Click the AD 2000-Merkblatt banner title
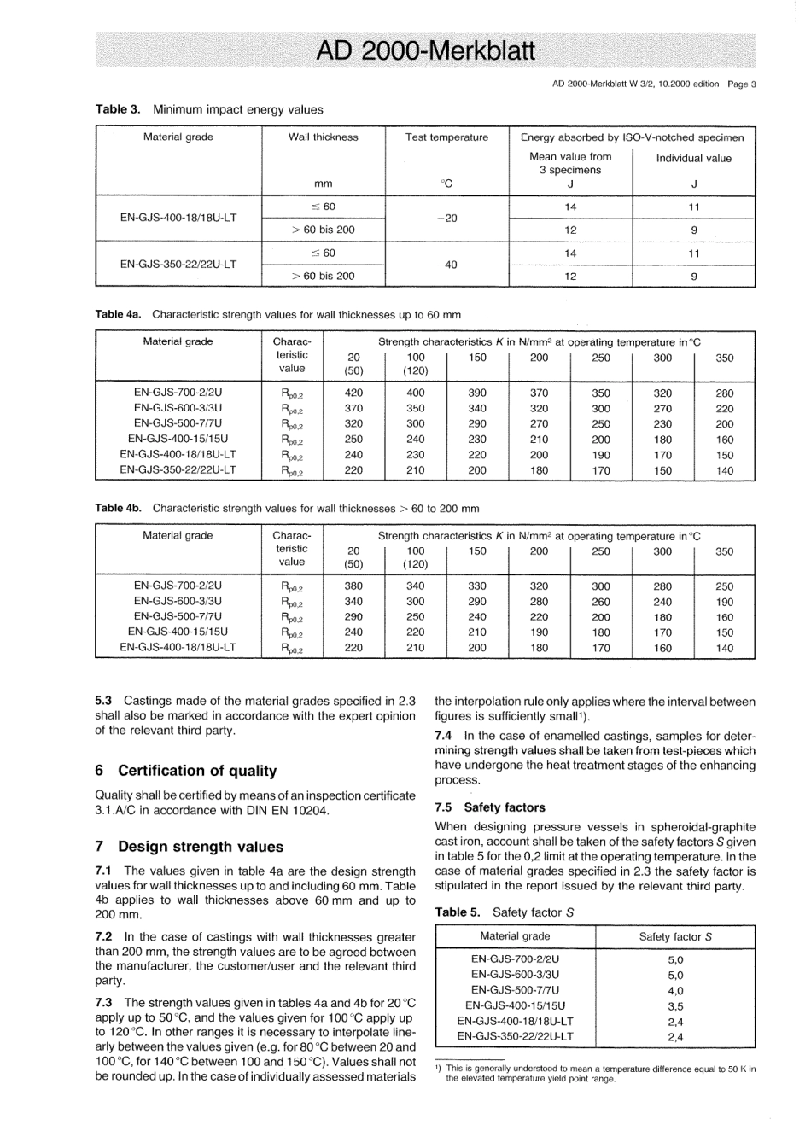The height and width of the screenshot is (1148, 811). coord(424,50)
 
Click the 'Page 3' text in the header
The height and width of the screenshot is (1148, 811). coord(741,84)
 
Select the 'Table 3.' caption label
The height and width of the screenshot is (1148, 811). coord(118,109)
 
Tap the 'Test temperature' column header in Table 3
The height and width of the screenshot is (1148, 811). coord(446,137)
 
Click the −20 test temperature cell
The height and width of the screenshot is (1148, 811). coord(446,219)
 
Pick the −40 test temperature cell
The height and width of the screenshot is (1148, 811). coord(446,265)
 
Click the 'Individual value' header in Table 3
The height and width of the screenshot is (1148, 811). coord(693,158)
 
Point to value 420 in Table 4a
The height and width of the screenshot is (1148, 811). coord(353,393)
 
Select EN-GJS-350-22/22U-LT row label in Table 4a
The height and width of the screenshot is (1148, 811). coord(178,469)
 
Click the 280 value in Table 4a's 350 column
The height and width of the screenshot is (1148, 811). coord(724,393)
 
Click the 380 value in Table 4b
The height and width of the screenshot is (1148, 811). coord(353,586)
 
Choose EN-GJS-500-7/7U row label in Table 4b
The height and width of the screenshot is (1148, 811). coord(178,616)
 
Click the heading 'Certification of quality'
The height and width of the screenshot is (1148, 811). coord(197,771)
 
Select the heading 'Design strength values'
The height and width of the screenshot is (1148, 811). coord(201,847)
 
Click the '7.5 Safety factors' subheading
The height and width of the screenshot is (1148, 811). coord(490,807)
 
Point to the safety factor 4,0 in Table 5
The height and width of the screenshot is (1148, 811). coord(675,991)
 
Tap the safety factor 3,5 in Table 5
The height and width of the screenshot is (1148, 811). coord(675,1006)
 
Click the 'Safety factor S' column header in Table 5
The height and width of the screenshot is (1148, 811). coord(675,936)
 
